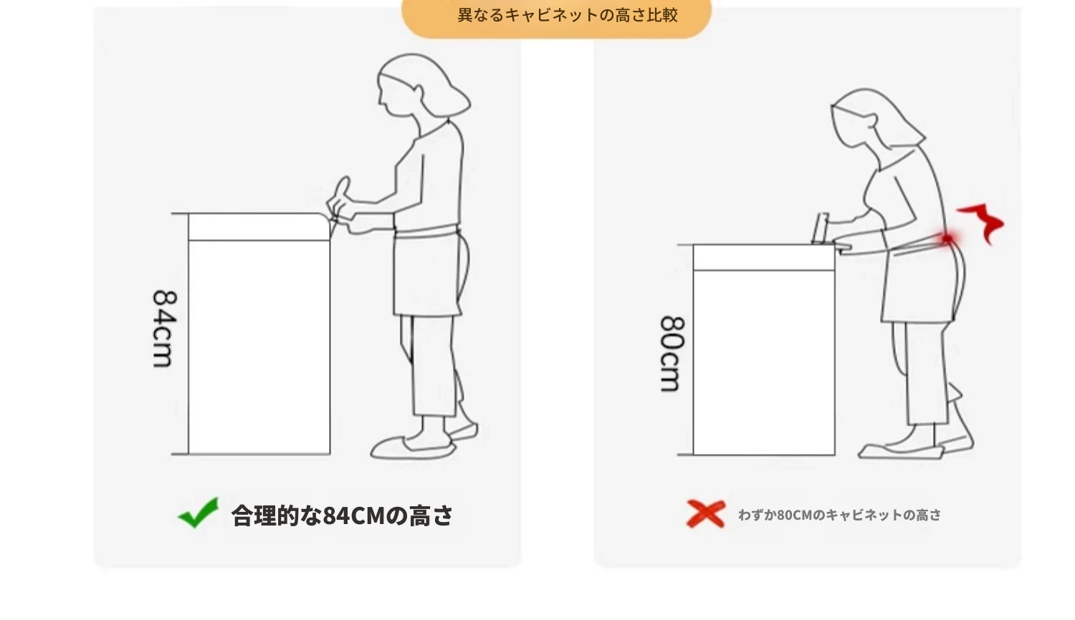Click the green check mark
point(199,513)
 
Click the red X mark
point(705,513)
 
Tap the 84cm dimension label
point(164,329)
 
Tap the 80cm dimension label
point(672,354)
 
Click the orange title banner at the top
point(556,17)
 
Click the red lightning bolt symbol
point(981,222)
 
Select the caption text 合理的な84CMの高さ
point(342,515)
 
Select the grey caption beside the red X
point(839,515)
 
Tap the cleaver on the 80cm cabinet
point(821,229)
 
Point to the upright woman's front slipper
point(413,448)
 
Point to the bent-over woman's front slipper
point(901,452)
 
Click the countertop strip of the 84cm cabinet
point(259,227)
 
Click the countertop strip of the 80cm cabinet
point(764,258)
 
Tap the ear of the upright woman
point(419,91)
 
